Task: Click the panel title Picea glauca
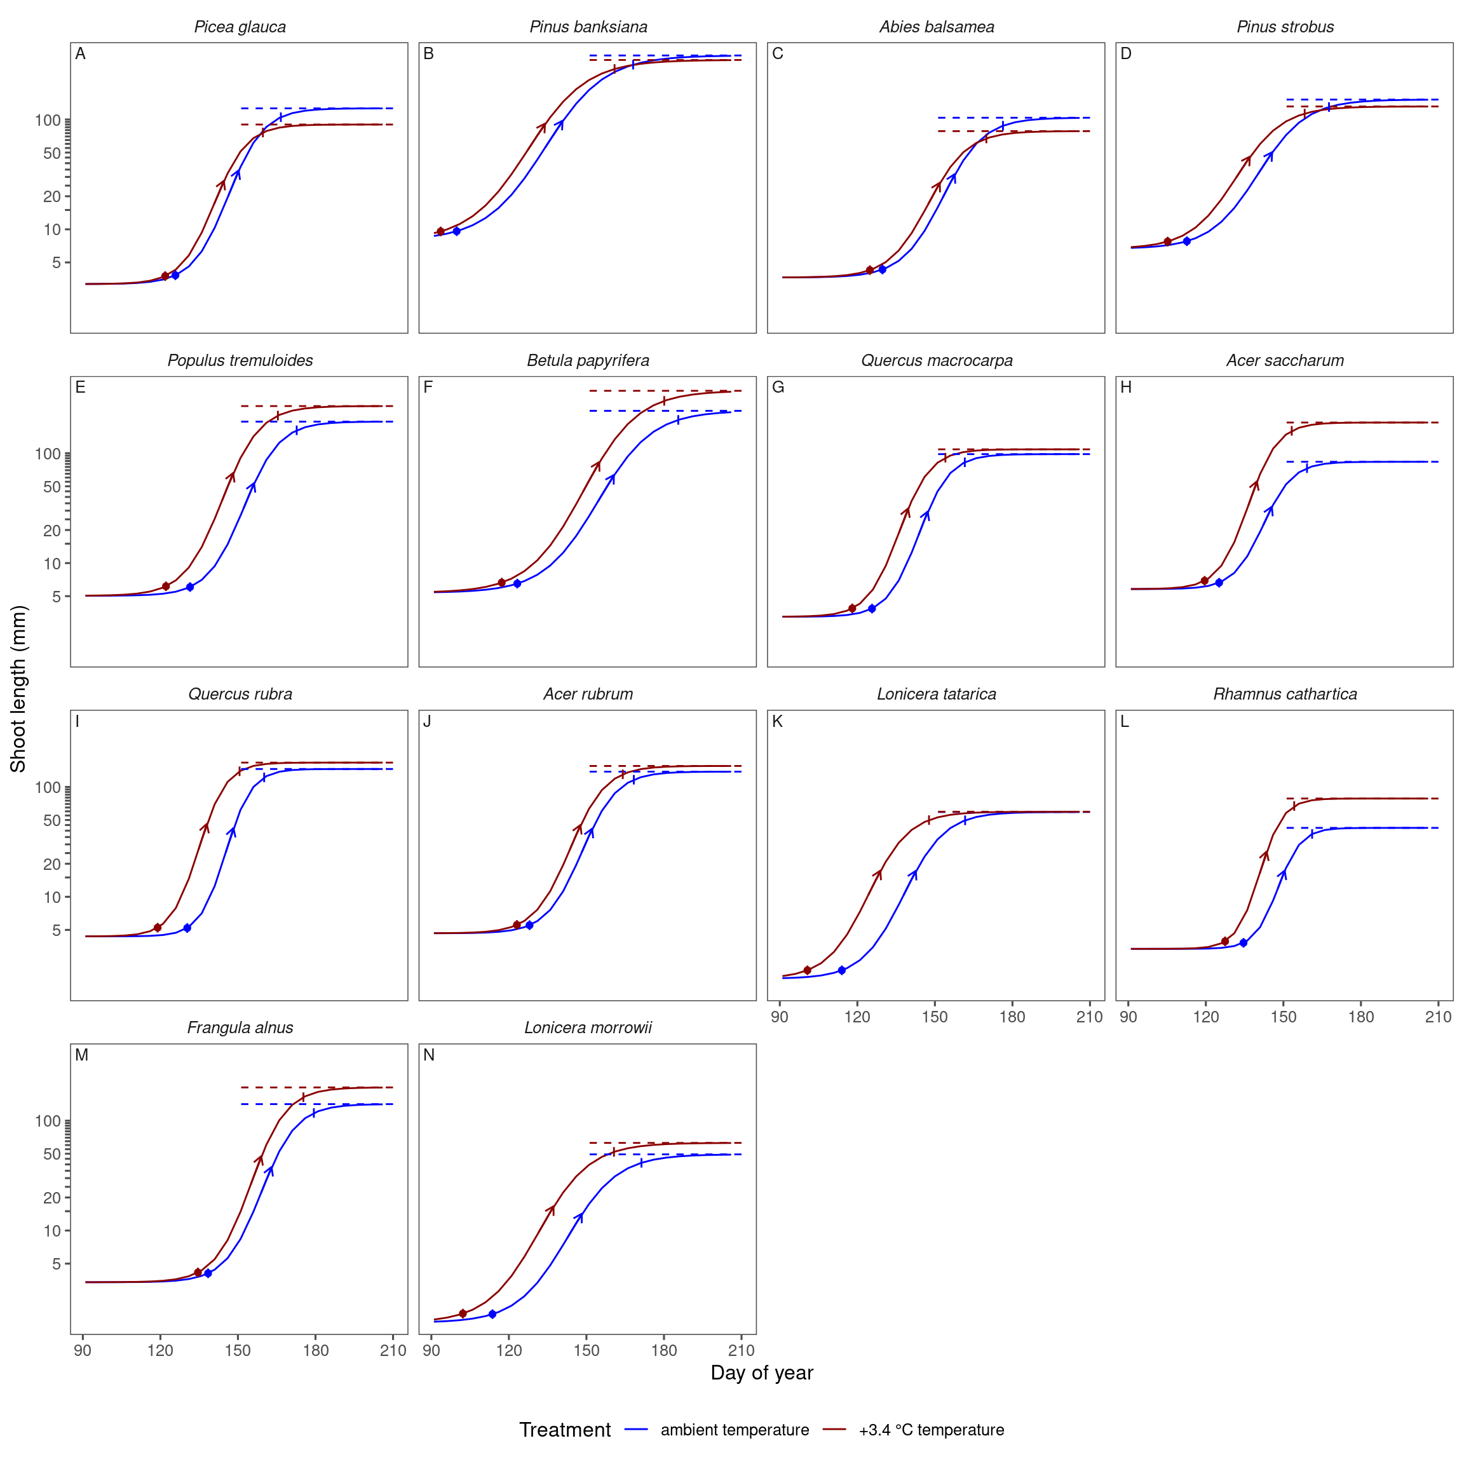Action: (240, 27)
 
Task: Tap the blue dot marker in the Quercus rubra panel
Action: (187, 928)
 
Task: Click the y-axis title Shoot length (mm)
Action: (18, 689)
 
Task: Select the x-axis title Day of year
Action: (762, 1373)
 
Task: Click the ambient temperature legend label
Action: (735, 1430)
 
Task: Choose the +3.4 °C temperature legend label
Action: (932, 1430)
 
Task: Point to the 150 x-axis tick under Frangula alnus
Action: (238, 1350)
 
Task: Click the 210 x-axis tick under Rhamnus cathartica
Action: (1438, 1017)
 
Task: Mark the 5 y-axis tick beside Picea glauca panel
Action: (56, 263)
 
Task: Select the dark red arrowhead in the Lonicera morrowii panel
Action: (551, 1209)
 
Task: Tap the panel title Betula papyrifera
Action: (588, 361)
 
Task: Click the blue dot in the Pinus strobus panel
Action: (1187, 241)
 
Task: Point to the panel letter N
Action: (429, 1055)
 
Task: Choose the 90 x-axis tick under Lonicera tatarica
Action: (780, 1017)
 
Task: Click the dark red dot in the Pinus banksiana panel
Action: (440, 232)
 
